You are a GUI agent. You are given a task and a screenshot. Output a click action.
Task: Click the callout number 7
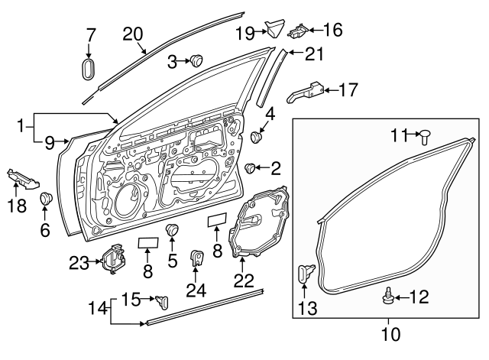(90, 34)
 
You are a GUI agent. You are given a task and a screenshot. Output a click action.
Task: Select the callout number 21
(316, 54)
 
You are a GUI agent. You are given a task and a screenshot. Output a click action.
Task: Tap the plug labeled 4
(257, 138)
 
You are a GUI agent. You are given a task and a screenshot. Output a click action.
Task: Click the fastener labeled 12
(390, 295)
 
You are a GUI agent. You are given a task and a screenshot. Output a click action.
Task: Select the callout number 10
(389, 334)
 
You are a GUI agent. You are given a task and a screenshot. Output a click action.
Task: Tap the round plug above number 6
(45, 199)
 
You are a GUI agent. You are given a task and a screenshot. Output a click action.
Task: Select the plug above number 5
(173, 230)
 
